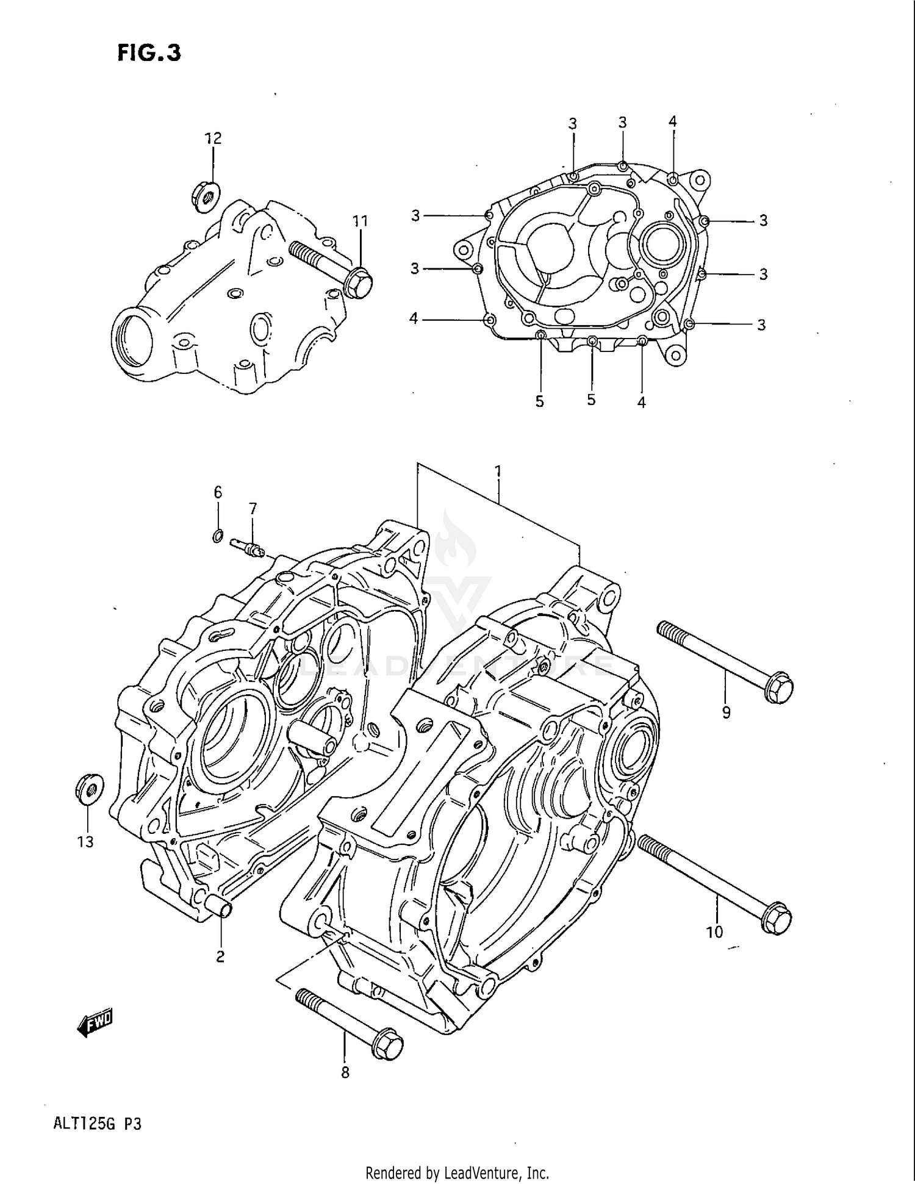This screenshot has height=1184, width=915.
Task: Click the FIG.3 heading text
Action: point(149,53)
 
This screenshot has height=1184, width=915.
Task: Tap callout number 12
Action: point(213,138)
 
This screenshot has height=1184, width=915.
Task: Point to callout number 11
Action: point(361,221)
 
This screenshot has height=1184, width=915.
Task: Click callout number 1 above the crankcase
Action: point(498,471)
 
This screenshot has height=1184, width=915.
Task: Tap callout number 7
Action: point(253,508)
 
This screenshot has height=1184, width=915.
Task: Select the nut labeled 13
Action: point(89,789)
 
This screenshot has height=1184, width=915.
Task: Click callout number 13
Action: point(85,842)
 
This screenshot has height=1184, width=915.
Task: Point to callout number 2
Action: point(220,956)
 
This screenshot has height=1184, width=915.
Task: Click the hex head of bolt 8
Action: point(387,1047)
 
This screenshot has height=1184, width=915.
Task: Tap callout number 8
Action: point(345,1089)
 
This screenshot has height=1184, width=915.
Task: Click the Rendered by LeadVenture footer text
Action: point(457,1172)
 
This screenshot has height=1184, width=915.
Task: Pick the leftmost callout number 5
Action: point(539,401)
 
